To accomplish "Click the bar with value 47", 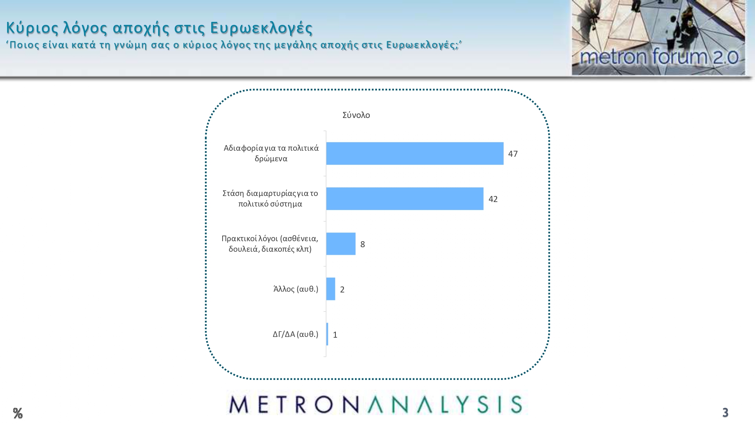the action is coord(415,153).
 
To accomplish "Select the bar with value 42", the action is coord(405,199).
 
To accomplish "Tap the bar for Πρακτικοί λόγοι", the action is coord(341,244).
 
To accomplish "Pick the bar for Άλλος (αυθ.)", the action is coord(331,289).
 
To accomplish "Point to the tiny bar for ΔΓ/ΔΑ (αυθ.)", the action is coord(327,334).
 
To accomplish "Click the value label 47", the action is coord(513,154).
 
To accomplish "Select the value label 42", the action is coord(493,199).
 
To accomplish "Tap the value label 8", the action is coord(363,244).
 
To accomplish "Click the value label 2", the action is coord(342,289).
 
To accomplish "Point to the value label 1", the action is coord(335,335).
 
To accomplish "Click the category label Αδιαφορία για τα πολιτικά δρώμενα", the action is coord(271,153).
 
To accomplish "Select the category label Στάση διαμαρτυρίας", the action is coord(270,199).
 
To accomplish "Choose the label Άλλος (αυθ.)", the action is coord(296,289).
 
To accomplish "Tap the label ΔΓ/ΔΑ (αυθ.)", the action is coord(295,334).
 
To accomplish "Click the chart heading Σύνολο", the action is coord(356,115).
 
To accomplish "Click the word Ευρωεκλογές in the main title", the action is coord(261,28).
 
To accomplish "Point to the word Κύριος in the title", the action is coord(32,28).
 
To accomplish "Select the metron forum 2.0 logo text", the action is coord(659,57).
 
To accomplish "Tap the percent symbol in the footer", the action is coord(18,413).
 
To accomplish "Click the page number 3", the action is coord(725,413).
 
